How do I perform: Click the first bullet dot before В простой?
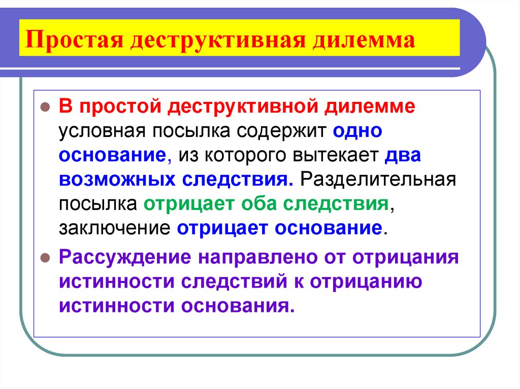pyautogui.click(x=45, y=108)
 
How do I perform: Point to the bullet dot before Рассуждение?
pyautogui.click(x=45, y=257)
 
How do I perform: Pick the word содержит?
pyautogui.click(x=281, y=132)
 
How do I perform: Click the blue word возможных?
pyautogui.click(x=111, y=180)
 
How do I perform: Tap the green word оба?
pyautogui.click(x=255, y=203)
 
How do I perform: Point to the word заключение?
pyautogui.click(x=114, y=227)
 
